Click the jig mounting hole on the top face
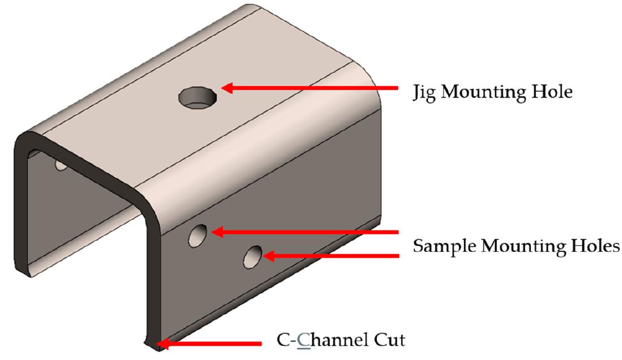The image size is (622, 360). (x=198, y=98)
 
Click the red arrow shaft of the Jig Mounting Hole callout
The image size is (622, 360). (x=317, y=88)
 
